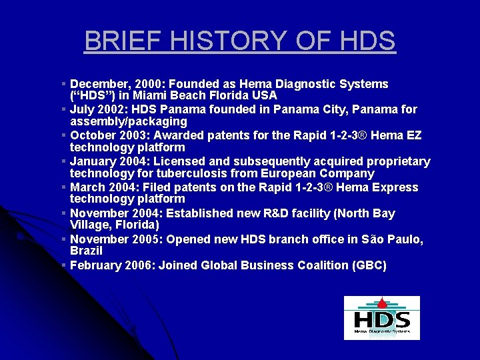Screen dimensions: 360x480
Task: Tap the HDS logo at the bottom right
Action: [x=381, y=318]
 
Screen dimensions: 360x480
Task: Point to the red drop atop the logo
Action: [x=382, y=301]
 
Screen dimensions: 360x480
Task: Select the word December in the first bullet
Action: [x=99, y=84]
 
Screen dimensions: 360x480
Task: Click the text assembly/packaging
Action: [x=129, y=121]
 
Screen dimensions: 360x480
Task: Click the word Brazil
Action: [x=86, y=251]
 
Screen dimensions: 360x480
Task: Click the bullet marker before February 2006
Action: [x=63, y=265]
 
